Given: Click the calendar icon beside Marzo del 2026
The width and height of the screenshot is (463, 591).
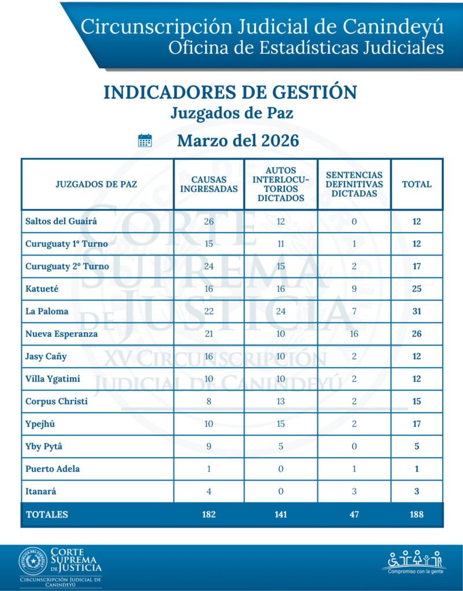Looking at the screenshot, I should coord(145,140).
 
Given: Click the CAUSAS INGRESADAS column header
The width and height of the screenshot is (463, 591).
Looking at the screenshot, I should coord(209,184).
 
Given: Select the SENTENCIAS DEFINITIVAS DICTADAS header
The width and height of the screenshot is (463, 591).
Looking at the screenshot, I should coord(354,184).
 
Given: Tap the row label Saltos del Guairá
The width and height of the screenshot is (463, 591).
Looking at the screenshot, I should coord(61,222).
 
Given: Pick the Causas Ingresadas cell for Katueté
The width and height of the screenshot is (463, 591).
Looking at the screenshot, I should coord(209,289).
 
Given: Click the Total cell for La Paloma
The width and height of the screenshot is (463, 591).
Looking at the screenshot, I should coord(417,311).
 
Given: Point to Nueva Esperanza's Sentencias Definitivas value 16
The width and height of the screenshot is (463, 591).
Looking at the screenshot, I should coord(354,334).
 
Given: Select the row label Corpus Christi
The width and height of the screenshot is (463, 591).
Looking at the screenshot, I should coord(57,401).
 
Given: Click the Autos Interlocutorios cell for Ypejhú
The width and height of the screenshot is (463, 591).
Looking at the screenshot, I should coord(280,424).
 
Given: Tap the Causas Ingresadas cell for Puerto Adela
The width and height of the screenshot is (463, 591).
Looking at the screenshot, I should coord(209,469).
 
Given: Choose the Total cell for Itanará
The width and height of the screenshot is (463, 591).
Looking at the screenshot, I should coord(417,491).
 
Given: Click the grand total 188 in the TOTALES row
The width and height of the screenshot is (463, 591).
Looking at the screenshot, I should coord(417,514).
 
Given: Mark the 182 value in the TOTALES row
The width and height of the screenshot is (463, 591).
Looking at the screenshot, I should coord(209,514).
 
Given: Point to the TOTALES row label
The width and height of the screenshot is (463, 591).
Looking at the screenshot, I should coord(47,514).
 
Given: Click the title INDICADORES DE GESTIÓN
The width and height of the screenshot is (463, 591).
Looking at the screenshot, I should coord(230,92).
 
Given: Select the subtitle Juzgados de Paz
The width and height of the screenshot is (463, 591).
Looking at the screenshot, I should coord(231,113).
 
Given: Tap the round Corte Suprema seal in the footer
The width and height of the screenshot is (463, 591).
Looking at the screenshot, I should coord(34,561).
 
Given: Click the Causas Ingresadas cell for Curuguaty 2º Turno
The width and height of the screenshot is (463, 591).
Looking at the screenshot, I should coord(209,266).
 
